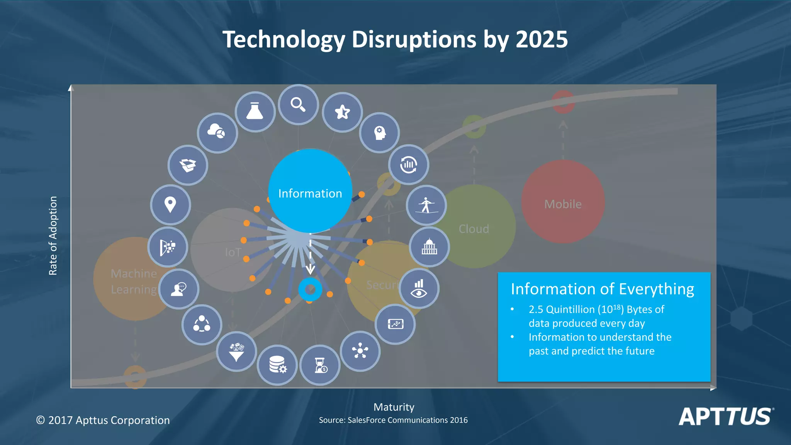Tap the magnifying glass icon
point(298,105)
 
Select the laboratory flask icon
point(255,112)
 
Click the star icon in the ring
point(342,112)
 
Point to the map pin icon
point(170,204)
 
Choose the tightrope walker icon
point(426,205)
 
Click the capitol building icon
point(429,246)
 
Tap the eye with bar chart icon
point(419,289)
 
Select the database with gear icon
point(277,365)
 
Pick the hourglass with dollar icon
point(320,365)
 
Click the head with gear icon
point(379,133)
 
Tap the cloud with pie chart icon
point(217,132)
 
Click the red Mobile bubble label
point(563,204)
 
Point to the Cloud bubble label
point(474,229)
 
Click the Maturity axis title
point(394,407)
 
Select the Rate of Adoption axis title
point(53,236)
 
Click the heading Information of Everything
point(602,289)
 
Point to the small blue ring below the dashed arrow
point(310,289)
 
